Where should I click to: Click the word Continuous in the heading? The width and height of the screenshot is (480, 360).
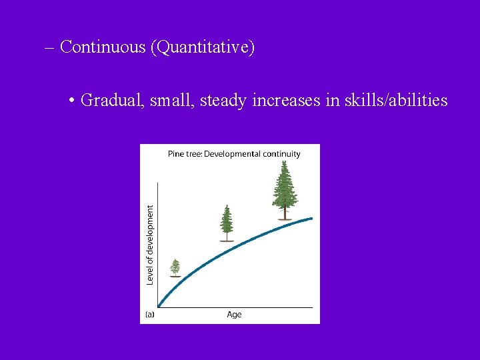(103, 47)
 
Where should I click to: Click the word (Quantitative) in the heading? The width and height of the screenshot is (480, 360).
(202, 48)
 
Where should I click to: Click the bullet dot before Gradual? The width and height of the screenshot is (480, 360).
(71, 101)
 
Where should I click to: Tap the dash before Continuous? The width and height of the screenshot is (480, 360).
(51, 48)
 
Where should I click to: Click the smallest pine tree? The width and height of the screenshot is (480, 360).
(175, 267)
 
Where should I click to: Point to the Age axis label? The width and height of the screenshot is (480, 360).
(234, 315)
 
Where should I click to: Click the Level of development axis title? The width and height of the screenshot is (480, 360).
(150, 245)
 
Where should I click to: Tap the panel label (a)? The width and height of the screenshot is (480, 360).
(150, 315)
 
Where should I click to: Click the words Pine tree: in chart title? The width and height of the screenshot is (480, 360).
(185, 154)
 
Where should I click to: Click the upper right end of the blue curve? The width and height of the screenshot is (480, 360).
(311, 218)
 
